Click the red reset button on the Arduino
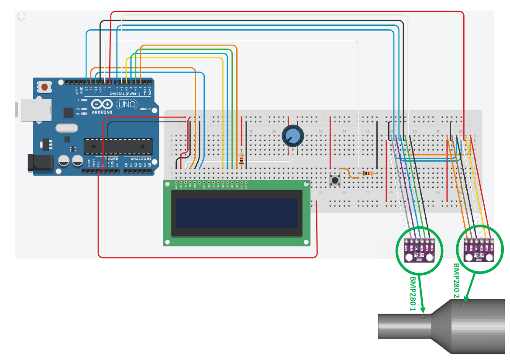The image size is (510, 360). tap(44, 87)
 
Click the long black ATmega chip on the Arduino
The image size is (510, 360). tap(118, 146)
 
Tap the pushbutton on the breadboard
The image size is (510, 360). tap(335, 180)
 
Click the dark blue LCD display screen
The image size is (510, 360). tap(238, 213)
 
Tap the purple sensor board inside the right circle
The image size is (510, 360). tap(479, 251)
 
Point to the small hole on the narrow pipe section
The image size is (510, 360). tap(422, 317)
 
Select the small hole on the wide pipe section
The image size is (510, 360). tap(464, 305)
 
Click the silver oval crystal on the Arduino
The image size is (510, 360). tap(67, 128)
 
